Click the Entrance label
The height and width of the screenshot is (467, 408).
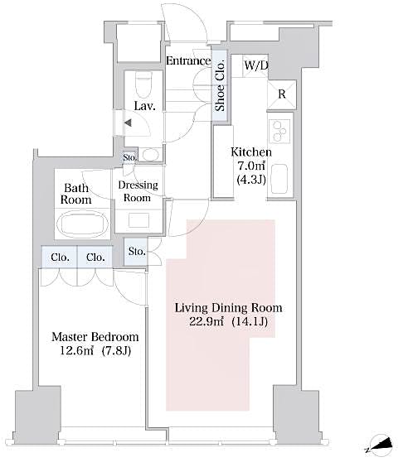[x=187, y=60]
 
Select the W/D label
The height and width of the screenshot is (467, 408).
[x=255, y=65]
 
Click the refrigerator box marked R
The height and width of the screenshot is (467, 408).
[x=281, y=94]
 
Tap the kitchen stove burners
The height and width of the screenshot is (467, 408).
[x=277, y=130]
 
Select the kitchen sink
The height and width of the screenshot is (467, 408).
[x=279, y=176]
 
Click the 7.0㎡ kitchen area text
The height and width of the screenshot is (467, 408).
[x=250, y=166]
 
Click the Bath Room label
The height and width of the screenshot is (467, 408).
[x=75, y=194]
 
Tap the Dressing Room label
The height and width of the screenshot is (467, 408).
[x=137, y=191]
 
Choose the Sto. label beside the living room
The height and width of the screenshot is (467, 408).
[x=137, y=251]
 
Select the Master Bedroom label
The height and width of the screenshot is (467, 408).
[x=95, y=338]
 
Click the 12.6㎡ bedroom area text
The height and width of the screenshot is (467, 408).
[x=78, y=352]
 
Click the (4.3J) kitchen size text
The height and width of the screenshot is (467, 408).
[x=250, y=181]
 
